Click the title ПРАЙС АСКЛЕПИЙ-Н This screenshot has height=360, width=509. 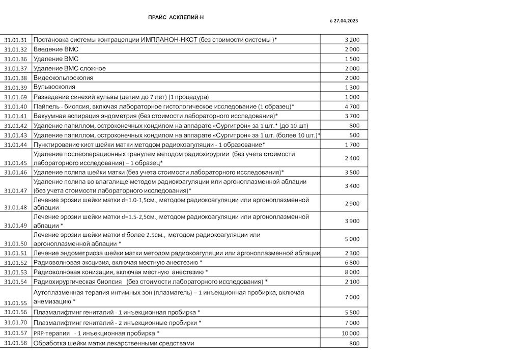point(176,17)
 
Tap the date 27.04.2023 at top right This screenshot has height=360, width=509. point(346,21)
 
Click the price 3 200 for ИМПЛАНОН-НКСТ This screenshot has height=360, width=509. point(352,40)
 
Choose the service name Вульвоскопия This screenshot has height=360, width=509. point(54,87)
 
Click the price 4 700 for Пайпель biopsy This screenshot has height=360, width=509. point(352,106)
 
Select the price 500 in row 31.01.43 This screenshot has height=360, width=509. point(354,135)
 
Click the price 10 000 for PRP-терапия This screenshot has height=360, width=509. point(350,334)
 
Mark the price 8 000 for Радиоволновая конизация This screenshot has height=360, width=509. point(352,272)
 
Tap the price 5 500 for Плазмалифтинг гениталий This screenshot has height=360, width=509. point(352,312)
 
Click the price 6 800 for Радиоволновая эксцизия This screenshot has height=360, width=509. point(352,263)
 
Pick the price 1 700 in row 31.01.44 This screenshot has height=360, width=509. point(352,145)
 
